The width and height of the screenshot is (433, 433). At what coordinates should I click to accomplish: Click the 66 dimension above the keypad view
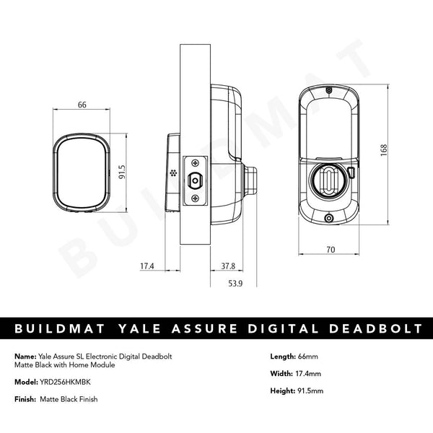(x=82, y=105)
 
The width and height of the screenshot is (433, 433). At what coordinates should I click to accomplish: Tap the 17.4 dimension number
(x=147, y=266)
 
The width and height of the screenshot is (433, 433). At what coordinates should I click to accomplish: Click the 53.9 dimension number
(x=235, y=284)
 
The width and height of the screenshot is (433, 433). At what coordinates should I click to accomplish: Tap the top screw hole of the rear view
(x=329, y=91)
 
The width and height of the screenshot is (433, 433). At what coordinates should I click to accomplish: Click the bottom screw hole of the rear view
(x=329, y=219)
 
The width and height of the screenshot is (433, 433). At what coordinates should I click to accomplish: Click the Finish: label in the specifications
(x=25, y=399)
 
